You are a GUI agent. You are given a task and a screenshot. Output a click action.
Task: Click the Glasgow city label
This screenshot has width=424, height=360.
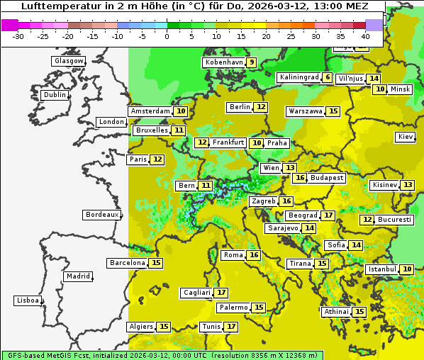[69, 61]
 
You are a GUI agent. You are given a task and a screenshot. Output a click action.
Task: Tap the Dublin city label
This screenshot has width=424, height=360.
[55, 95]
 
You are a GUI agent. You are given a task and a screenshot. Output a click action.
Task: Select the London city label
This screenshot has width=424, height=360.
[111, 122]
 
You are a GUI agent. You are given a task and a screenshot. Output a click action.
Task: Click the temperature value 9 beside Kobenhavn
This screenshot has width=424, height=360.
[252, 62]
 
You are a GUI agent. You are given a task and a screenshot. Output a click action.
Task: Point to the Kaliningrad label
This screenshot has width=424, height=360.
[299, 77]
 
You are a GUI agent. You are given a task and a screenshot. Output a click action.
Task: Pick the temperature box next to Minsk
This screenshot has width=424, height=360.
[381, 89]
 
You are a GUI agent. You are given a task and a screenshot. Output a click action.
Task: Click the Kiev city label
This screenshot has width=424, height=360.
[406, 137]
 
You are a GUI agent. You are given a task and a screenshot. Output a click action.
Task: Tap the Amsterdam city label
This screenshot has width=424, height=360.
[150, 111]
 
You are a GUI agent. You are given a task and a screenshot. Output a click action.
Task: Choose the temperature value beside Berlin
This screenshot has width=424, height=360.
[262, 107]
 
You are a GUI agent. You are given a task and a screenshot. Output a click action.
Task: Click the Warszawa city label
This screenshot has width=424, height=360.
[306, 111]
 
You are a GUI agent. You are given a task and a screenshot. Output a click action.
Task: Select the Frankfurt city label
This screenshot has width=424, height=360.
[228, 142]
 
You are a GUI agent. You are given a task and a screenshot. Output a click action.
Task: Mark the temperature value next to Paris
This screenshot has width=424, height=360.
[157, 159]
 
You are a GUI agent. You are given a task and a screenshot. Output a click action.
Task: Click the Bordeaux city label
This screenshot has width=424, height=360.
[102, 215]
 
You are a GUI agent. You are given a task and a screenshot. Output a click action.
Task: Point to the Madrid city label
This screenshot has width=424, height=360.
[77, 276]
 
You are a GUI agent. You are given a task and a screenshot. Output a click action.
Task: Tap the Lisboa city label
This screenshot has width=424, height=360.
[28, 300]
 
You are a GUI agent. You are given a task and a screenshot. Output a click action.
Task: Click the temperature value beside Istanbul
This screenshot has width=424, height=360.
[407, 269]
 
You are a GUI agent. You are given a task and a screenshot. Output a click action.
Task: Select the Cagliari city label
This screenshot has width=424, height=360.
[197, 293]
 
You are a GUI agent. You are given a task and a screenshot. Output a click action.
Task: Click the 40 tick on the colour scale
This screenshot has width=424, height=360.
[365, 36]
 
